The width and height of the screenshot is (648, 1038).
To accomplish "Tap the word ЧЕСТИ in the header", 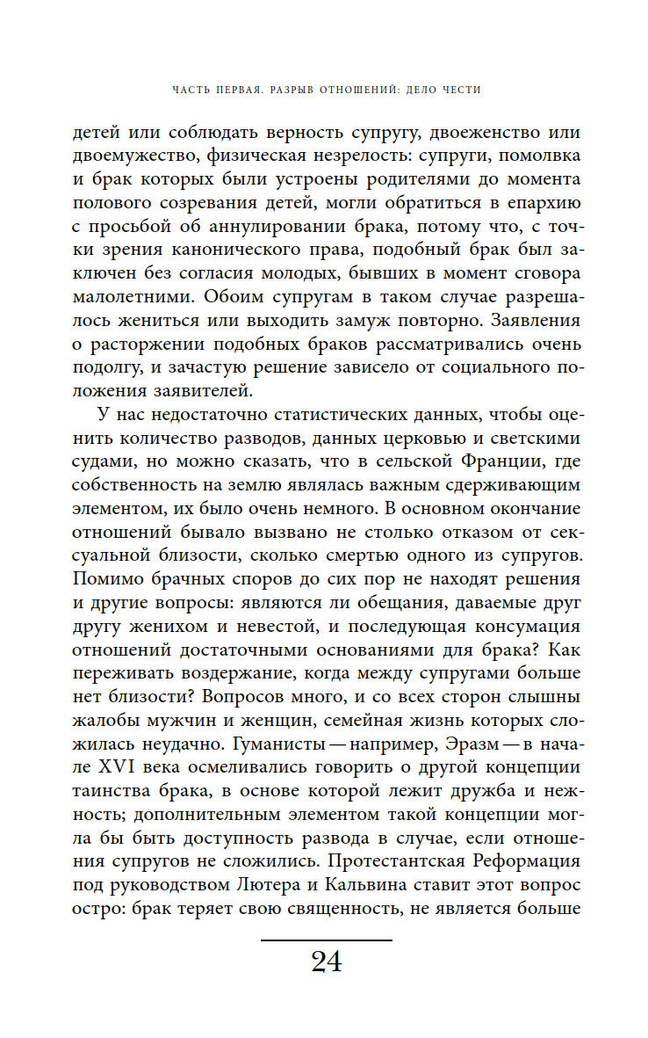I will coord(463,90).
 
